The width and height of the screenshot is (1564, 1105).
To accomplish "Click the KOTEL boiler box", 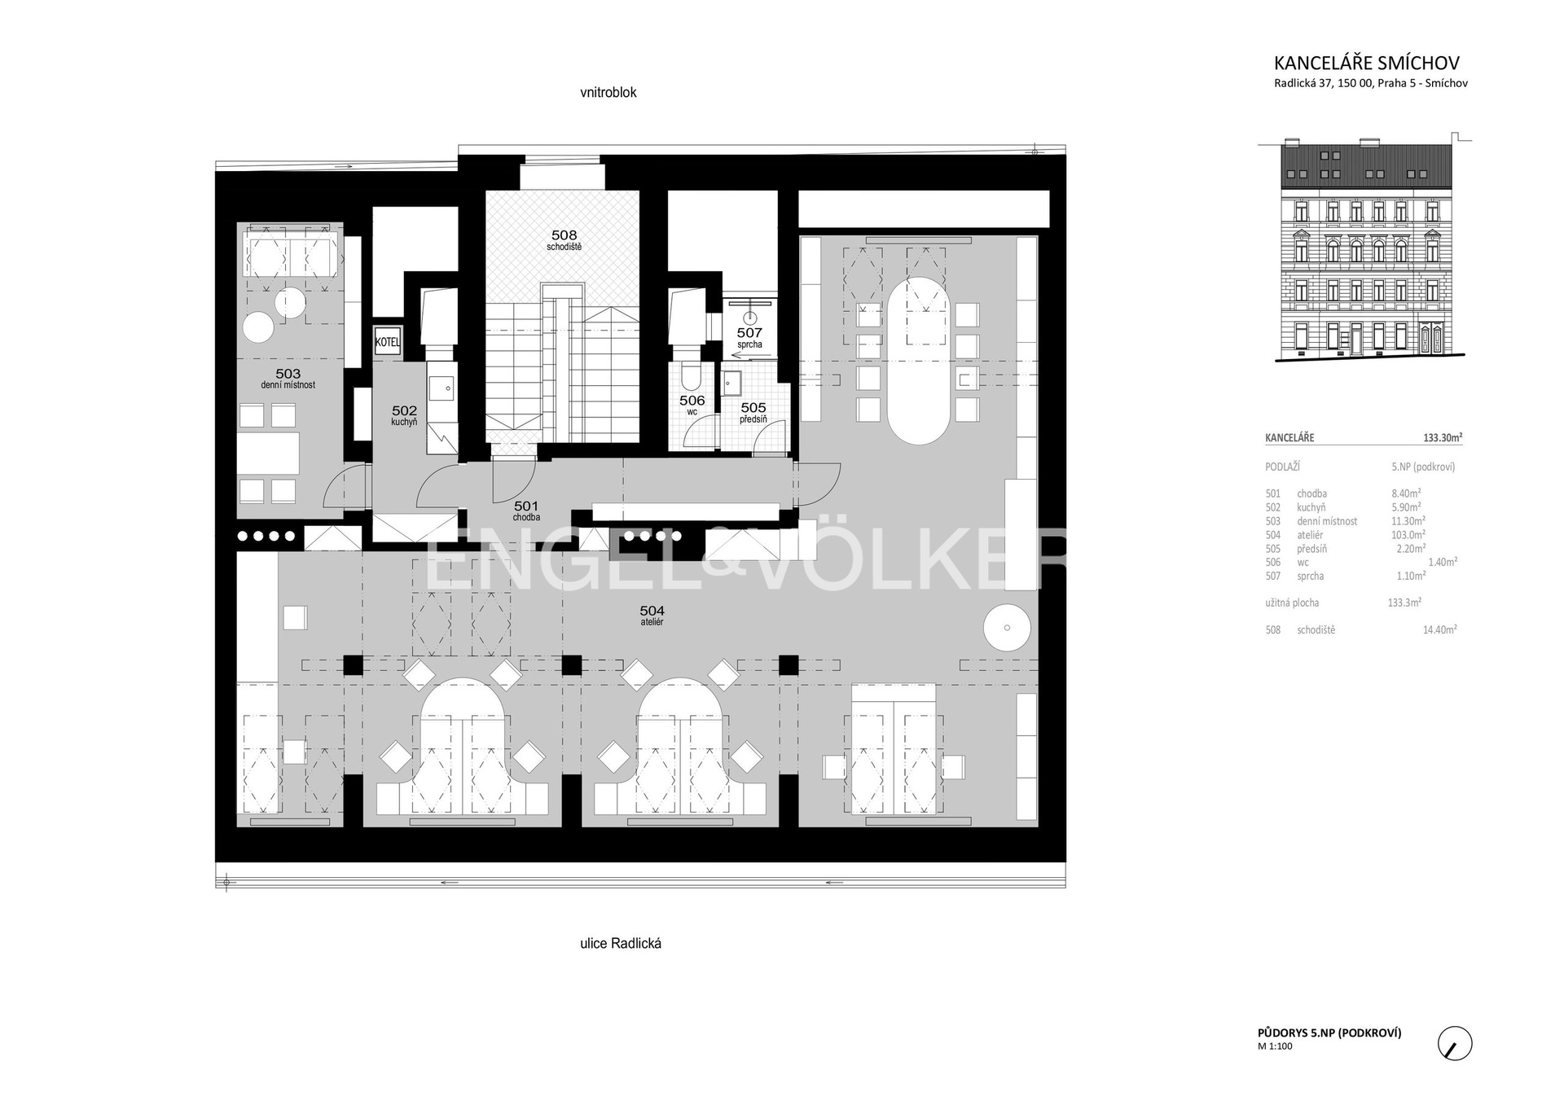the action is pos(388,343).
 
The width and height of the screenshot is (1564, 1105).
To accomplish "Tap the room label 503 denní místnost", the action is pos(288,379).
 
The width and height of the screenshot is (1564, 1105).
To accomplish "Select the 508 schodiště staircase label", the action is pos(564,240).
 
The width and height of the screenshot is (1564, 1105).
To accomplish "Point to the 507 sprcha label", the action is pos(749,337).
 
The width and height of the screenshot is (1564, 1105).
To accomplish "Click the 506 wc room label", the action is pos(692,405).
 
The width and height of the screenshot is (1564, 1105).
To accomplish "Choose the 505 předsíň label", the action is pos(753,413).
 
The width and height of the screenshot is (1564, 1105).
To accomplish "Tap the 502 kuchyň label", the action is pos(404,416).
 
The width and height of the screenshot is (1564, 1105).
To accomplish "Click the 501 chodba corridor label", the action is pos(526,511).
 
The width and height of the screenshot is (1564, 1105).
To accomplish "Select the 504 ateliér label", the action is pos(652,615).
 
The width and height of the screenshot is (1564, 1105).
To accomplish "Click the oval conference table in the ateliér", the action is pos(918,361).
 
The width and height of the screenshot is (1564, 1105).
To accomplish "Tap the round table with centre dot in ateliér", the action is pos(1008,628).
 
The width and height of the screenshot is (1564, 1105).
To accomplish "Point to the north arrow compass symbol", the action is pos(1455,1043).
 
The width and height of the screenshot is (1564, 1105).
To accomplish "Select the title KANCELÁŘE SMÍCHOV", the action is pos(1367,63).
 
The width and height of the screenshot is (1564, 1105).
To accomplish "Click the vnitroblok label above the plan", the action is pos(608,93).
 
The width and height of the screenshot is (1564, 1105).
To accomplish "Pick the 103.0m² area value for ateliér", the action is pos(1408,535).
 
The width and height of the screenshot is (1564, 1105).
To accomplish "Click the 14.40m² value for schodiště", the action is pos(1440,629).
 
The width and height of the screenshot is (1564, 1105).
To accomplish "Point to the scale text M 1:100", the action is pos(1276,1047).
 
